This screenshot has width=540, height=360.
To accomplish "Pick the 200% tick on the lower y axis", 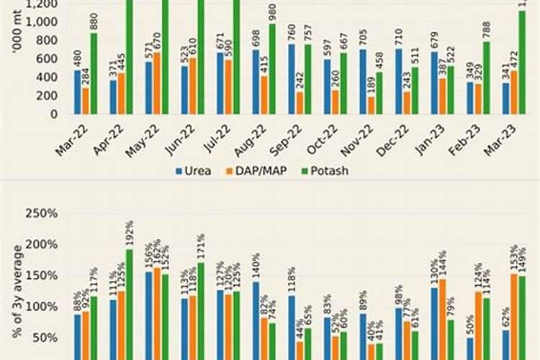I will coord(42,245).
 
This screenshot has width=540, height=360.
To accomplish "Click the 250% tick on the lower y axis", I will coord(42,214).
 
